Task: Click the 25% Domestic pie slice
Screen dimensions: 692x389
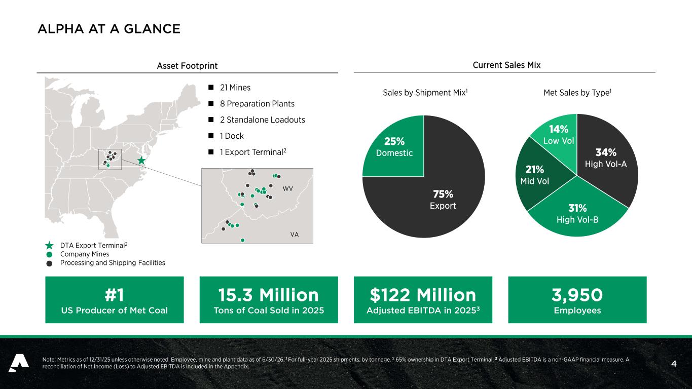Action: coord(394,147)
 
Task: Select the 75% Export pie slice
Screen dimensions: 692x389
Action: coord(439,198)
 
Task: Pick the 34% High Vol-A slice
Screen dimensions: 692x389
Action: coord(605,158)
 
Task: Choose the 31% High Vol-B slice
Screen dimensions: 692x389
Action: coord(577,213)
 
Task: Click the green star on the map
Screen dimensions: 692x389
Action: coord(141,161)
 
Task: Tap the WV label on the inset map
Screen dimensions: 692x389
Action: coord(287,188)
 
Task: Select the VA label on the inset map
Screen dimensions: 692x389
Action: coord(295,235)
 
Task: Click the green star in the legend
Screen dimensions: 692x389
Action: coord(49,246)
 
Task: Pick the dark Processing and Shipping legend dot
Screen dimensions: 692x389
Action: coord(49,263)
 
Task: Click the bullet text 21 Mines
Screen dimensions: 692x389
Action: coord(235,88)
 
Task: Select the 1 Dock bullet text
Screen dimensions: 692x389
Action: coord(232,136)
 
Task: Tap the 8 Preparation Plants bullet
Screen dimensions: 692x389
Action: coord(257,104)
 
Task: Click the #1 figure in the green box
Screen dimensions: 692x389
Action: coord(114,295)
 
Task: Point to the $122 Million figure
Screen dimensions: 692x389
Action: coord(423,295)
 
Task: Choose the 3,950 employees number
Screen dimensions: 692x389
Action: coord(577,295)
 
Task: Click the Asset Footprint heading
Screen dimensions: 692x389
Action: coord(187,66)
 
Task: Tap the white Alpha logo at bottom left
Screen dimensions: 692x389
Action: coord(19,363)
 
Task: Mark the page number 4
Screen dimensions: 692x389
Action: coord(674,364)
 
